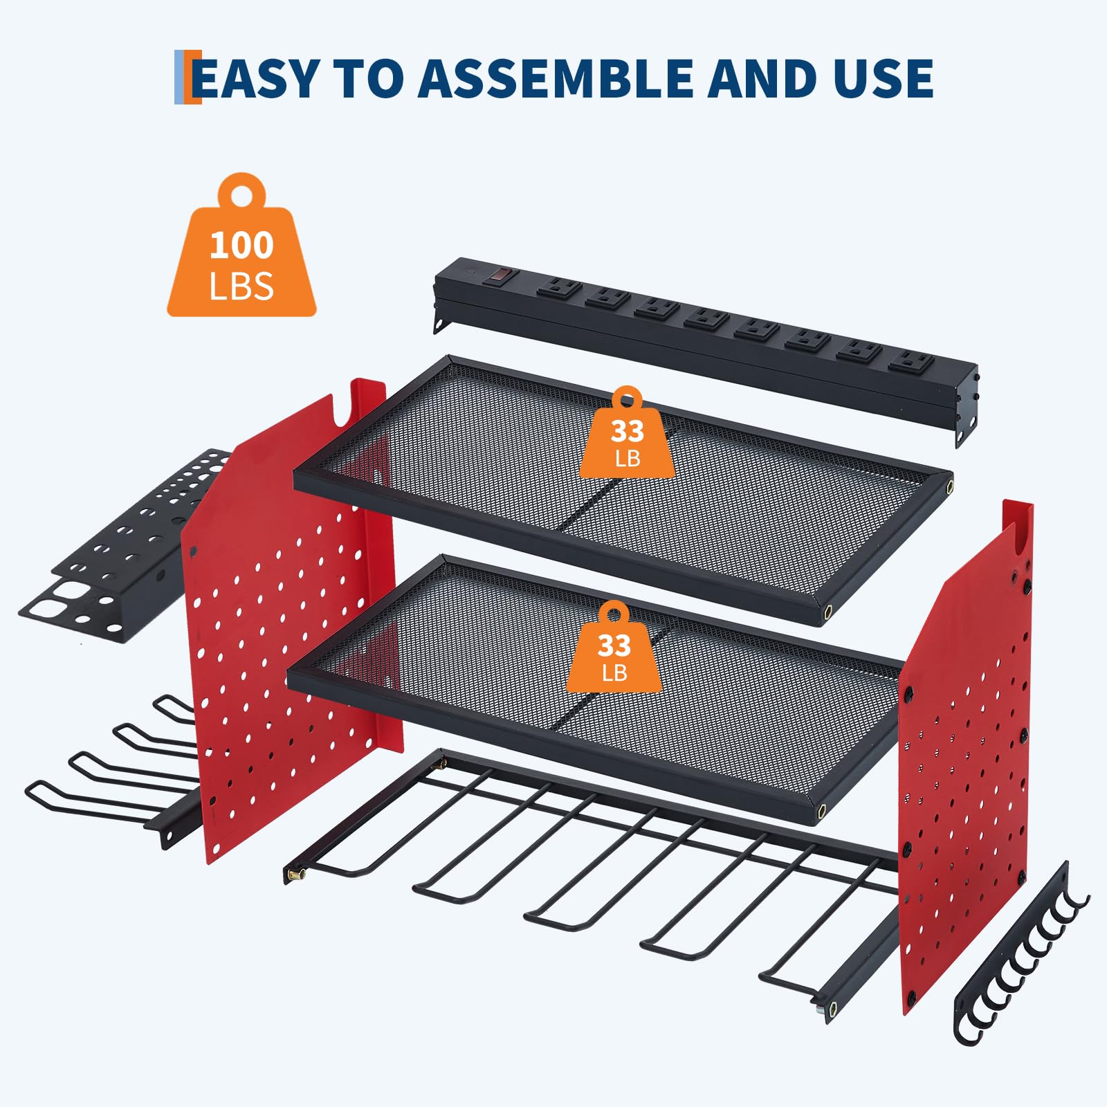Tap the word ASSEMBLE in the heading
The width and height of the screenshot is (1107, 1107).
click(x=556, y=77)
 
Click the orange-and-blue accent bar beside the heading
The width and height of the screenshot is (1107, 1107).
click(x=187, y=77)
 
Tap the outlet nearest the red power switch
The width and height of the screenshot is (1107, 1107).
click(x=558, y=288)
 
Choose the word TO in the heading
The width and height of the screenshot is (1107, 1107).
click(x=368, y=77)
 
